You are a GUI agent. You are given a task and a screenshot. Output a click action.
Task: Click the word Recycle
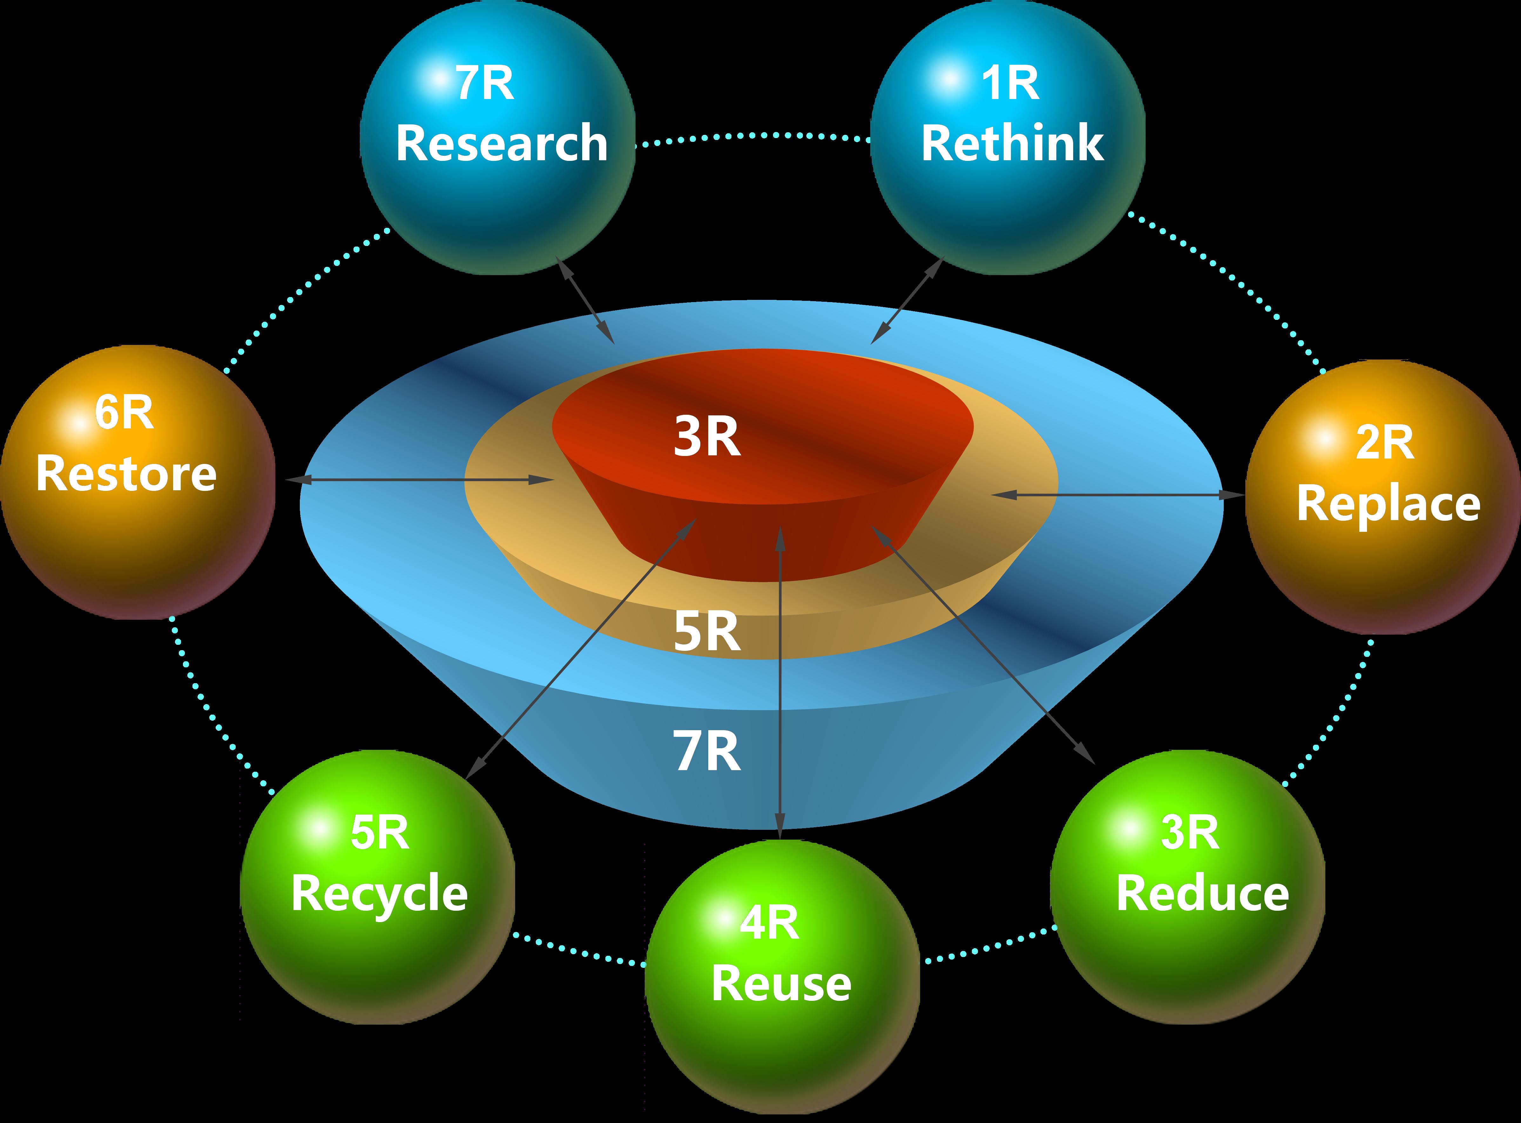(379, 894)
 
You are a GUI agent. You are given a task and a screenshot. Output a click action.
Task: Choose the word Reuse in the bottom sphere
(781, 984)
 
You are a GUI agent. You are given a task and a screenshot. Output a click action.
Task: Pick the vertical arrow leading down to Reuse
(779, 680)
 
